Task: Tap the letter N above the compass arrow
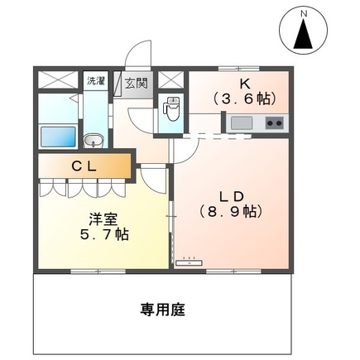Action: (x=304, y=14)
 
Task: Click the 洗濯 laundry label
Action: (x=96, y=80)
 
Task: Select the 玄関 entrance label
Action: (x=137, y=83)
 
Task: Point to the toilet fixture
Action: (x=172, y=108)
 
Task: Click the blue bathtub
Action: (x=58, y=137)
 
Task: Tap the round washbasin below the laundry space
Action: (x=94, y=142)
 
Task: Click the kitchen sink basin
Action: (x=242, y=123)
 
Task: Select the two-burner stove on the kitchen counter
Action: (x=274, y=123)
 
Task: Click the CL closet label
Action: (x=84, y=166)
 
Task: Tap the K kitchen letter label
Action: (x=245, y=84)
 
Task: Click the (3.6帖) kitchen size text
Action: (x=244, y=98)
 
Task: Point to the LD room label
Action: (x=231, y=197)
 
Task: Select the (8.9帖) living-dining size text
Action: (x=231, y=212)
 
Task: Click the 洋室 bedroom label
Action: (x=103, y=219)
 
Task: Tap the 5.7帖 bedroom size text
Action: (x=104, y=234)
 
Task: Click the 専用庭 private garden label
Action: (x=162, y=310)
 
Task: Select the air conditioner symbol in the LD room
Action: (x=189, y=262)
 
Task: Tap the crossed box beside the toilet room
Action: (x=171, y=80)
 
